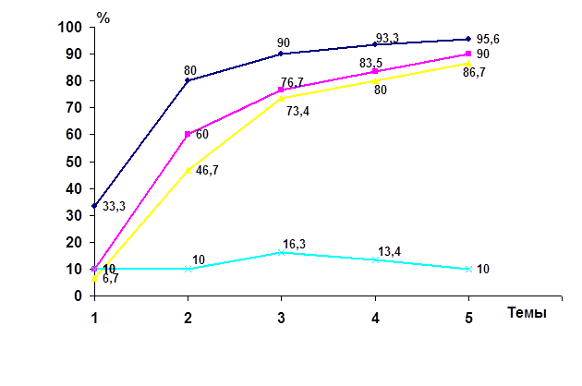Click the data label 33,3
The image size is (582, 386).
114,206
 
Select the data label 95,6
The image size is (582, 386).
489,40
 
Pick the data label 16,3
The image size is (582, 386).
294,244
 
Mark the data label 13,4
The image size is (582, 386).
386,250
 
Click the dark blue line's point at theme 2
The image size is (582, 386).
188,80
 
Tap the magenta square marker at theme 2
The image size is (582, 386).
188,134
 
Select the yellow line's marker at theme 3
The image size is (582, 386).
281,98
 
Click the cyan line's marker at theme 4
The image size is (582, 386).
375,259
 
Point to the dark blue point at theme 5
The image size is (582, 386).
468,39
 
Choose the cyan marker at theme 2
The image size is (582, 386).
188,269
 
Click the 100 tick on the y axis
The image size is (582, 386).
71,27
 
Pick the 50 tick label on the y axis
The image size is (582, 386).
74,162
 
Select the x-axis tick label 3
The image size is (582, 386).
281,317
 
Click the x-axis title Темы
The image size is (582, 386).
527,312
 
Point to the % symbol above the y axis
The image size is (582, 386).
103,16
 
